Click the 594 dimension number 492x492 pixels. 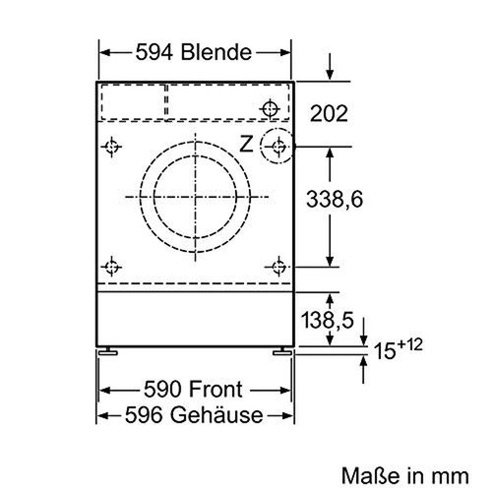click(x=154, y=52)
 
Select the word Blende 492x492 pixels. click(x=216, y=52)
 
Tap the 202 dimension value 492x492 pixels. click(x=329, y=113)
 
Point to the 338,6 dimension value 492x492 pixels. click(x=335, y=199)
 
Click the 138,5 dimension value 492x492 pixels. click(x=328, y=320)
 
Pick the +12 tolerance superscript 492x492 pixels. click(x=409, y=345)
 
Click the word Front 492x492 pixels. click(x=215, y=390)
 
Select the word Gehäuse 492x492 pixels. click(x=216, y=414)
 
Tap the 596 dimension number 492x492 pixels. click(x=144, y=415)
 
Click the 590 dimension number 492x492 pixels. click(x=162, y=390)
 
